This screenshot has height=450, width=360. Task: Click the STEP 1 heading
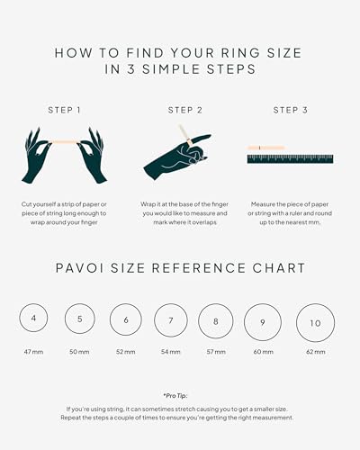(x=64, y=110)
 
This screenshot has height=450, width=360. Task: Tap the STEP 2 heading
(x=185, y=110)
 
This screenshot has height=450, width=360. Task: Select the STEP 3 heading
(x=291, y=110)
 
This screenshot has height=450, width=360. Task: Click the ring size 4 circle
(x=19, y=318)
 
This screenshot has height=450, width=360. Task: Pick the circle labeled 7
(x=154, y=320)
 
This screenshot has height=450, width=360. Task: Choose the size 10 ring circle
(x=296, y=323)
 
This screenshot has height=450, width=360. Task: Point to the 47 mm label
(x=33, y=352)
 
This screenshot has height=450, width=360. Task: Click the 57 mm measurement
(x=216, y=352)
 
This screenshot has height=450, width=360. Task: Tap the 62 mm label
(x=316, y=352)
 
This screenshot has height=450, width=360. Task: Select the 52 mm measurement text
(x=126, y=352)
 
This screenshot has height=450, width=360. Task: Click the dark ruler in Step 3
(x=290, y=159)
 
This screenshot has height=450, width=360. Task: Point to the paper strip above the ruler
(x=266, y=148)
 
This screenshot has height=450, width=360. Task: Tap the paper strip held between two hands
(x=64, y=141)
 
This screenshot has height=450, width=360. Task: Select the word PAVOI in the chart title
(x=80, y=268)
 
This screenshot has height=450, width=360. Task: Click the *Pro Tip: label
(x=175, y=396)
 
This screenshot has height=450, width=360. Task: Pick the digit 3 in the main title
(x=130, y=69)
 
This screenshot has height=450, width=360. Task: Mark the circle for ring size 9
(x=244, y=322)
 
